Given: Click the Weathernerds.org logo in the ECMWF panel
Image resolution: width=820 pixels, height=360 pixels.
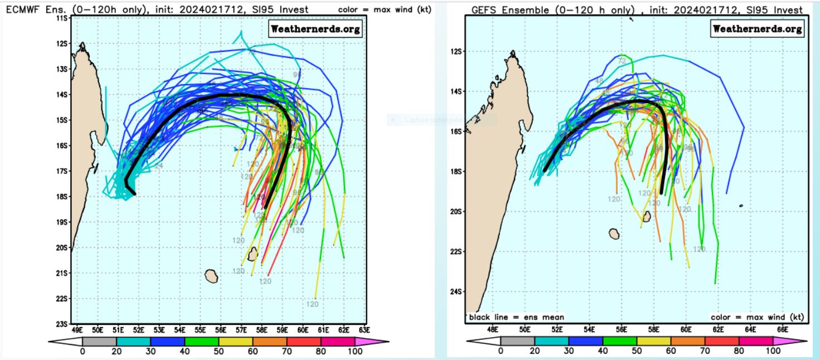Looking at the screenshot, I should coord(316,28).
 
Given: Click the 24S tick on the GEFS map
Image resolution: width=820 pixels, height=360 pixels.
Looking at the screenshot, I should coord(455,292).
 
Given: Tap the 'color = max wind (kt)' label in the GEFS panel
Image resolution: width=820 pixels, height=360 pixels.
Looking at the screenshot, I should coord(757,317).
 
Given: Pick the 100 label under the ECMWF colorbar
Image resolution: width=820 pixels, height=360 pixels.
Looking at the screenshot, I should coord(355,352).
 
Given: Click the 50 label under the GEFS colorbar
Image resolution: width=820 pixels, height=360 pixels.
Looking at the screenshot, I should coord(637,352).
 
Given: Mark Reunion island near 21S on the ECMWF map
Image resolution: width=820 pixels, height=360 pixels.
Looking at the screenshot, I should coord(211,275).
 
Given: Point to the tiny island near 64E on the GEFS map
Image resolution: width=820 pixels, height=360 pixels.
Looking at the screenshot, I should coord(741,206).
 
